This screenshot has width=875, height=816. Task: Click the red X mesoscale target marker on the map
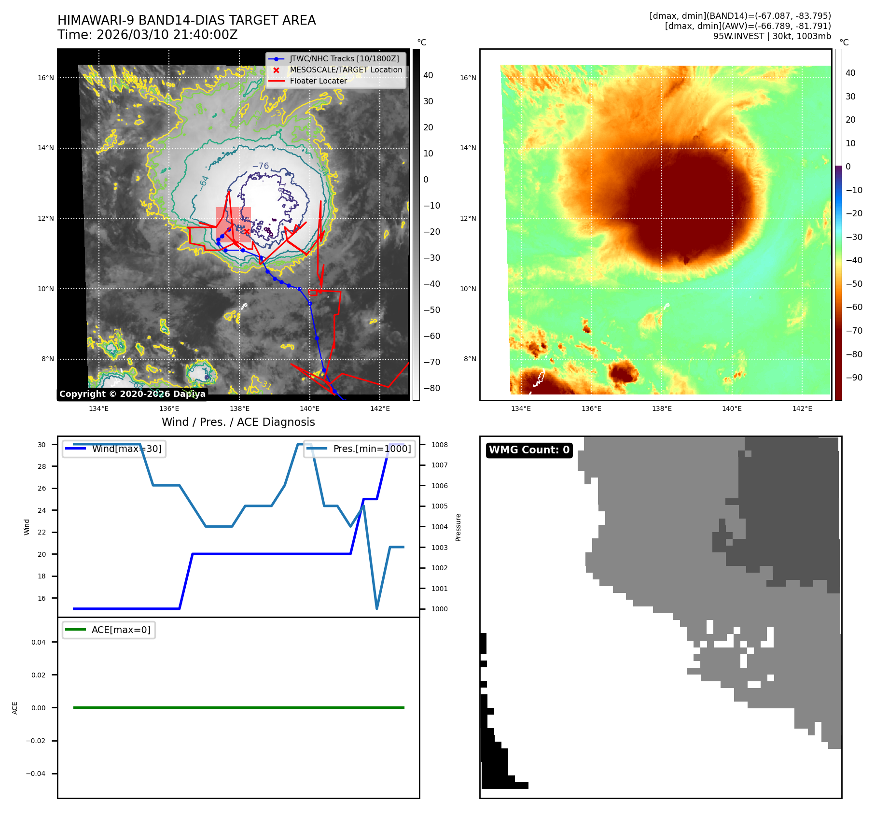247,232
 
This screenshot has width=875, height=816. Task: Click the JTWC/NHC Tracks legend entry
344,59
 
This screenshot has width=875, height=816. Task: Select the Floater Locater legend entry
318,81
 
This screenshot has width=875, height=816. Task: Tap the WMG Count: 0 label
529,450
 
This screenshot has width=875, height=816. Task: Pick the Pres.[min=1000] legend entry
372,449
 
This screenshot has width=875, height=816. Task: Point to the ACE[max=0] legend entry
121,630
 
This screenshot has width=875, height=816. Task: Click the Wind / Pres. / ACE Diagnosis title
238,422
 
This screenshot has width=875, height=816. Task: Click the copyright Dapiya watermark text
132,394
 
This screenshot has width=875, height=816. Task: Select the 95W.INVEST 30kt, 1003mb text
772,36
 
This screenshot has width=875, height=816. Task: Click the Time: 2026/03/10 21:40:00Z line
147,35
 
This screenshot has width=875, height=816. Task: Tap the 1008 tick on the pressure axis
439,445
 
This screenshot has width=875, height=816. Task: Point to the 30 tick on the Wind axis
42,445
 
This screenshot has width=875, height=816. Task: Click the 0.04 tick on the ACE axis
39,642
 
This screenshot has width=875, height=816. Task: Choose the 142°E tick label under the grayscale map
380,408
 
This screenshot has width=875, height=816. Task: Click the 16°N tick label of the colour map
468,78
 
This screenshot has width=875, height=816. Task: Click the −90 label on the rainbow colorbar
854,378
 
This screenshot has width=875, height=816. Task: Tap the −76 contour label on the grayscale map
261,166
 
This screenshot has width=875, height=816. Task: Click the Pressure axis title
458,527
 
